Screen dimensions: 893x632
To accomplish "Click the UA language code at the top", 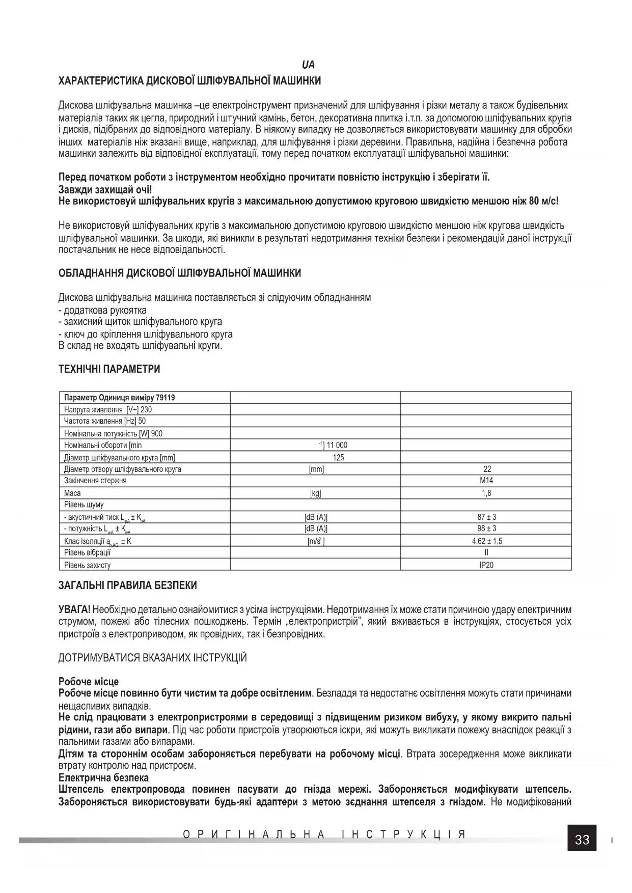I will [308, 65].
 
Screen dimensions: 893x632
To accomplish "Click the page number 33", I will [582, 840].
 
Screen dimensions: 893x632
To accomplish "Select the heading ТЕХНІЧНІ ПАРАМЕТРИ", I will [109, 369].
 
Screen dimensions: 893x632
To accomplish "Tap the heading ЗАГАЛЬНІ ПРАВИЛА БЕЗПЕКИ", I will [128, 585].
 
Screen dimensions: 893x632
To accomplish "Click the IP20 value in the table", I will [486, 565].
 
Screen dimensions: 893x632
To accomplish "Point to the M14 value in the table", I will [486, 481].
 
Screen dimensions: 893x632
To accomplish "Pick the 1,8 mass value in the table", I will [486, 493].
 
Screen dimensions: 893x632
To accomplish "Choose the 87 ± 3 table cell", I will [486, 517].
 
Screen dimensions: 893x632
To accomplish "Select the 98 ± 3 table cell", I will [486, 529].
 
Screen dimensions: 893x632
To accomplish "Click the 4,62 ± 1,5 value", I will [486, 541].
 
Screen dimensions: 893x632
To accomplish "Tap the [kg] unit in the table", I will [316, 493].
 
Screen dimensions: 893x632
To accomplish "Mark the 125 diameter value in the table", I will [338, 457].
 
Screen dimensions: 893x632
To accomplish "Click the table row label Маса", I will [72, 493].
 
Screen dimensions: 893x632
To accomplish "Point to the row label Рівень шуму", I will [84, 505].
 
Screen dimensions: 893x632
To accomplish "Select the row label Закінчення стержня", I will [95, 481].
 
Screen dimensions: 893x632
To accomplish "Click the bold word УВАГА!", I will [74, 609].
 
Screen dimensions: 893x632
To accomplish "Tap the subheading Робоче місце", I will [89, 682].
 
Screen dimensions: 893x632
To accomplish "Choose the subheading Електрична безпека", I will [103, 778].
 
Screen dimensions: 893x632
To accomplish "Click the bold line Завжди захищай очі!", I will [105, 189].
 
